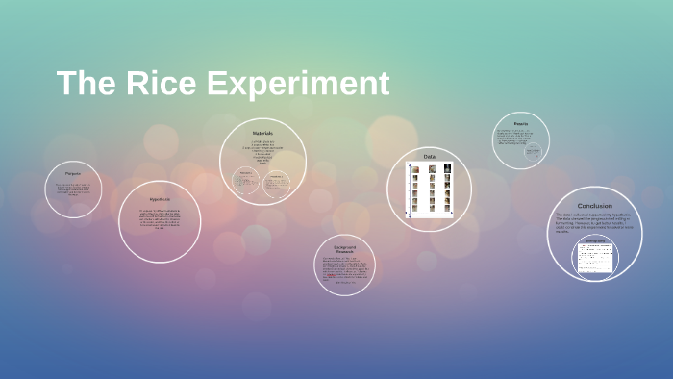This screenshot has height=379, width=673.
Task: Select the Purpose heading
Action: [x=73, y=174]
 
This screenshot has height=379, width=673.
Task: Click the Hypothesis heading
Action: [x=160, y=198]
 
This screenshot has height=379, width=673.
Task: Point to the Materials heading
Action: [x=262, y=133]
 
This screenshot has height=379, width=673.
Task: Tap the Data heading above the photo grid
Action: [x=429, y=156]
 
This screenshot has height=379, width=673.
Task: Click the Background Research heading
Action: [x=344, y=250]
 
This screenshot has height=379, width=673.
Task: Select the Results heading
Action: [x=520, y=124]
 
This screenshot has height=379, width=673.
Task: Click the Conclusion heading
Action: [x=594, y=206]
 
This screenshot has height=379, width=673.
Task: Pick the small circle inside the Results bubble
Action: [x=531, y=151]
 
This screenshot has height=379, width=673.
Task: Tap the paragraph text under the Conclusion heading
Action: [x=594, y=223]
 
